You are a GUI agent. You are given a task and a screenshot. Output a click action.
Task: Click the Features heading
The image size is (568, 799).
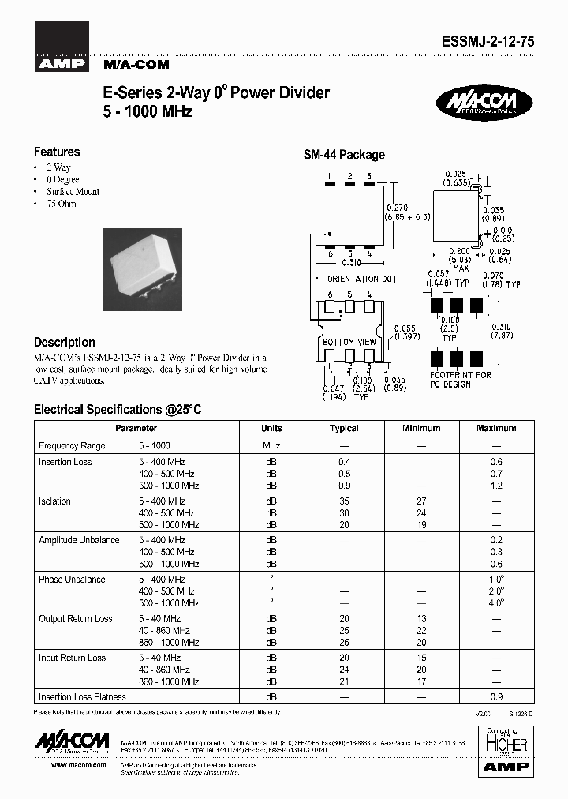pyautogui.click(x=57, y=152)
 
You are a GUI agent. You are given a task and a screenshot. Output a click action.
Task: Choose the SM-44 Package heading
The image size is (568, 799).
pyautogui.click(x=344, y=155)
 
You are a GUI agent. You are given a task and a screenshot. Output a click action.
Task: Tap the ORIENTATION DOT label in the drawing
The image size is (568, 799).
pyautogui.click(x=362, y=279)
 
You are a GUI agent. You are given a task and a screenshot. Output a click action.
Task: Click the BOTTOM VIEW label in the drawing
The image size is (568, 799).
pyautogui.click(x=349, y=342)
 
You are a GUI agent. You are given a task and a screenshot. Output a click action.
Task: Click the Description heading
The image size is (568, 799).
pyautogui.click(x=65, y=343)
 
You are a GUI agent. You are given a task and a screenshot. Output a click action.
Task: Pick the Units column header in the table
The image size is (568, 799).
pyautogui.click(x=271, y=428)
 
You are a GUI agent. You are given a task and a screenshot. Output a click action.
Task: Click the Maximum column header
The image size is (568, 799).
pyautogui.click(x=496, y=428)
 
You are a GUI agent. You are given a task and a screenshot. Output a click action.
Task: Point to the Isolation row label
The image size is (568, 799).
pyautogui.click(x=54, y=501)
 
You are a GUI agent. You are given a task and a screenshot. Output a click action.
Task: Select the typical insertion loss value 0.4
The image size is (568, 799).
pyautogui.click(x=344, y=462)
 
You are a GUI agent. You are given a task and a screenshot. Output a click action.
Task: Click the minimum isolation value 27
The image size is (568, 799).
pyautogui.click(x=421, y=501)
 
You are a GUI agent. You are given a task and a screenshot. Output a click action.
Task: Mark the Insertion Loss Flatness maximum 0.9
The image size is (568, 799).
pyautogui.click(x=497, y=697)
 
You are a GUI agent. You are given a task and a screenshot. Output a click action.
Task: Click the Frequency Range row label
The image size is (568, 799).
pyautogui.click(x=72, y=446)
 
